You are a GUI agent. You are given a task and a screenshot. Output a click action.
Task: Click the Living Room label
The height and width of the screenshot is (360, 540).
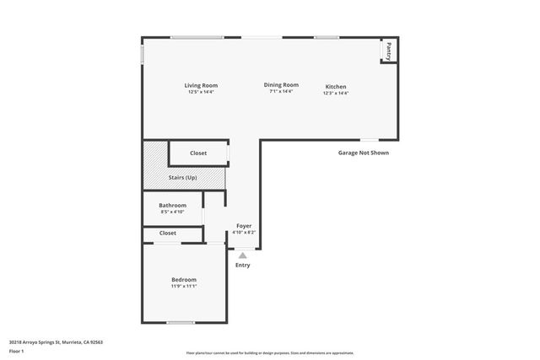click(x=202, y=85)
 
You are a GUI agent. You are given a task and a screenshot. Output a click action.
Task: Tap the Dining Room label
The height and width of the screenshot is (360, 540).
click(x=281, y=84)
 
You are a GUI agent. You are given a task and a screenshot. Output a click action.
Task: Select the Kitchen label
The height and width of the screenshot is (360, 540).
click(x=336, y=86)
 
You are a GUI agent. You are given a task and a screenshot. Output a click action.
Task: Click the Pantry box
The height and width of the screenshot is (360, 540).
click(x=388, y=51)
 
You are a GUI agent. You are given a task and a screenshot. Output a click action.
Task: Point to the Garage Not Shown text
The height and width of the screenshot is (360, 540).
click(x=363, y=153)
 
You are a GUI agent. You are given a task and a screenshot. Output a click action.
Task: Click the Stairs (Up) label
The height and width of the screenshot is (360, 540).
click(x=183, y=177)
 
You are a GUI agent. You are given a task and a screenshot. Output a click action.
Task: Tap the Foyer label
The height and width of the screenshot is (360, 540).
click(x=244, y=226)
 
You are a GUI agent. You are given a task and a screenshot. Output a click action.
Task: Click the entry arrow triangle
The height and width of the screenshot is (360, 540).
click(x=243, y=255)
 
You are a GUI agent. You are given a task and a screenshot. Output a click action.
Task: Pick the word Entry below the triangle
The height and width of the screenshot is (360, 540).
click(x=243, y=265)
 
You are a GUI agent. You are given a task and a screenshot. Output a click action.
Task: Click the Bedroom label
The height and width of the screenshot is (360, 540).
click(x=184, y=279)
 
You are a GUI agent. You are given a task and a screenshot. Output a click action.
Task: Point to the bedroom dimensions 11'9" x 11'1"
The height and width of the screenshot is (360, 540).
click(x=184, y=287)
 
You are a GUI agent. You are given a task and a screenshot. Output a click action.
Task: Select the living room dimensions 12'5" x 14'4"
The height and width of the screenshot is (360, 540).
click(x=202, y=92)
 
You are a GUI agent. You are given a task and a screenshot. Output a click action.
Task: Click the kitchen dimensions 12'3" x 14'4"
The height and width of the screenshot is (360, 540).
click(x=336, y=93)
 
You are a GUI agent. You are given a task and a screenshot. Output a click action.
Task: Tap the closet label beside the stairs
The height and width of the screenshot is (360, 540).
click(x=198, y=153)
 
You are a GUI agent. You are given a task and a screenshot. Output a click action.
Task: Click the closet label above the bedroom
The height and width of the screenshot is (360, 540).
click(x=168, y=233)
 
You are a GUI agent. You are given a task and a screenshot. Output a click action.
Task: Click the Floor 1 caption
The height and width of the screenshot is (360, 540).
click(x=17, y=351)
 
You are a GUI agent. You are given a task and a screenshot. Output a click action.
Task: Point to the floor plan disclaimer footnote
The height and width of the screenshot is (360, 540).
click(x=269, y=353)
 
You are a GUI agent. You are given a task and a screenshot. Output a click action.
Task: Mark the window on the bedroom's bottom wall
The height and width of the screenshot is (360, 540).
click(x=180, y=323)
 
